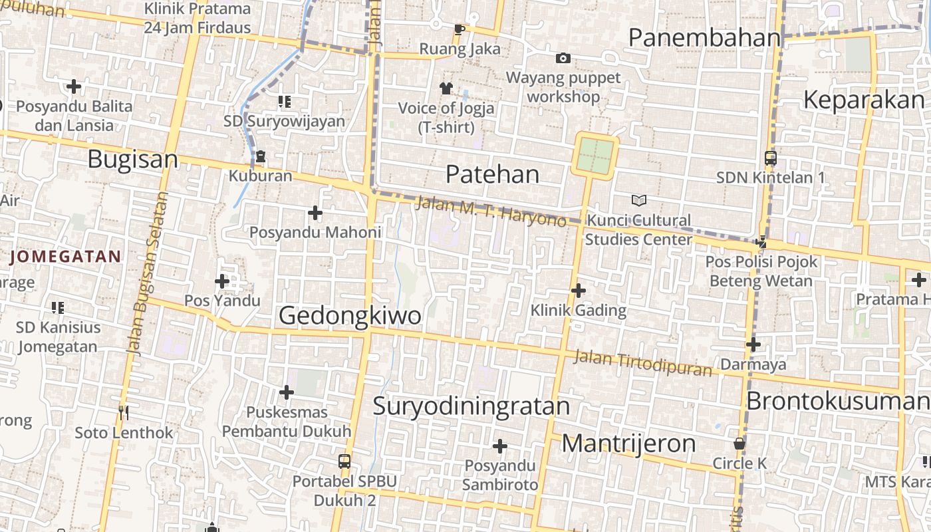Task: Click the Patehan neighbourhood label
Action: point(492,174)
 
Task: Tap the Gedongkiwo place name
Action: point(350,315)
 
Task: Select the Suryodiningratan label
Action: point(471,406)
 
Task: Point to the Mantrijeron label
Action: point(628,444)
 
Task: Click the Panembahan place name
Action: point(704,38)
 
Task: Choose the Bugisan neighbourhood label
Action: point(132,160)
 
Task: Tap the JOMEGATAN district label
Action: point(66,257)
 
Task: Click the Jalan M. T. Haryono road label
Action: point(491,211)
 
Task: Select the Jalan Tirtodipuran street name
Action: point(642,363)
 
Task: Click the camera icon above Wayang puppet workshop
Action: point(563,59)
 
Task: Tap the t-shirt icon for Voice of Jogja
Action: point(446,88)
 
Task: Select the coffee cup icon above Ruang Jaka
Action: point(460,29)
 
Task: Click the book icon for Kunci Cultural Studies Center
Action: point(638,200)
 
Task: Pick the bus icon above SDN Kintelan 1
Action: point(771,158)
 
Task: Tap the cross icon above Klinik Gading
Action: point(579,290)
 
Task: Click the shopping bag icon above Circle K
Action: point(739,444)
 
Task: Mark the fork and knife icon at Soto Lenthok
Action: point(124,413)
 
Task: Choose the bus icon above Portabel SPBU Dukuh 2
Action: point(344,461)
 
